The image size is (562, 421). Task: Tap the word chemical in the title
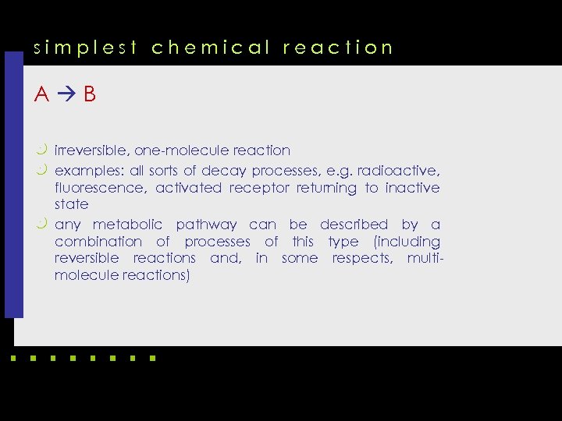[210, 48]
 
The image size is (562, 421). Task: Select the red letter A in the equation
[42, 95]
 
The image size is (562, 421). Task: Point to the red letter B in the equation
[90, 95]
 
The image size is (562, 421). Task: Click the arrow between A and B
[66, 95]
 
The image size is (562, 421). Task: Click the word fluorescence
[99, 188]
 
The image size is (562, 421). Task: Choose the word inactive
[412, 188]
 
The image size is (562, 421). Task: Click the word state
[71, 205]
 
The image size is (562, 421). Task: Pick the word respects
[362, 259]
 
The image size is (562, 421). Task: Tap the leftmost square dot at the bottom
[12, 359]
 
